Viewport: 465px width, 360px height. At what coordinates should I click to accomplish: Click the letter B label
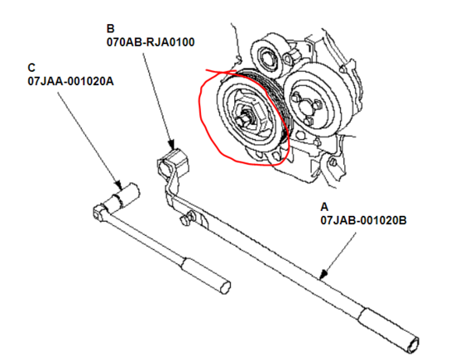click(x=110, y=28)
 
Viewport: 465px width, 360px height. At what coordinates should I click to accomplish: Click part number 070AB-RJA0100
click(x=151, y=42)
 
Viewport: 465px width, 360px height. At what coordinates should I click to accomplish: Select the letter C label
click(x=31, y=68)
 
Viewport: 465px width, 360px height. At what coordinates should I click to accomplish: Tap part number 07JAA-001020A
click(x=70, y=81)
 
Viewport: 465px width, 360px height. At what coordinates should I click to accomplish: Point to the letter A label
click(x=324, y=207)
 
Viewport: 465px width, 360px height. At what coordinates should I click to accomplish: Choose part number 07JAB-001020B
click(x=363, y=220)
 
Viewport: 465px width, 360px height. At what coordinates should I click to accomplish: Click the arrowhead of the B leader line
click(x=171, y=144)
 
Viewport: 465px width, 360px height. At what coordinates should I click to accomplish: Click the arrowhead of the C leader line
click(x=118, y=185)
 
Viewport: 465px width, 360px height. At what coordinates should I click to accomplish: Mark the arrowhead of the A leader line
click(x=324, y=274)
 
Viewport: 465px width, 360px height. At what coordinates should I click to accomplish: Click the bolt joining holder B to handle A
click(x=187, y=218)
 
